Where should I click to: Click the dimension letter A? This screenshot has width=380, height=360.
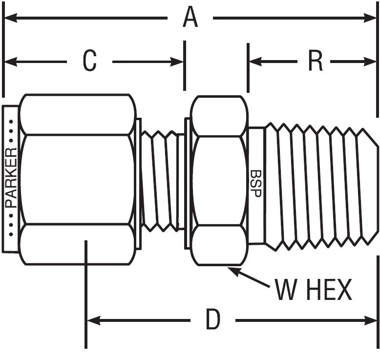pos(190,19)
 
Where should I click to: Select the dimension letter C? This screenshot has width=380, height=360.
pos(89,62)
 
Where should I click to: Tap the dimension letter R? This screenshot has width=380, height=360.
pos(315,62)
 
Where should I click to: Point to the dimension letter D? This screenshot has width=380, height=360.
pos(213,320)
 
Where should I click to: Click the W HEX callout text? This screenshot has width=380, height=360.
pos(313,290)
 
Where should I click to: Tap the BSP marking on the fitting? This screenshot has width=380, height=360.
pos(255,183)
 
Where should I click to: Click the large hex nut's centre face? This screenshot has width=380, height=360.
pos(77,179)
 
